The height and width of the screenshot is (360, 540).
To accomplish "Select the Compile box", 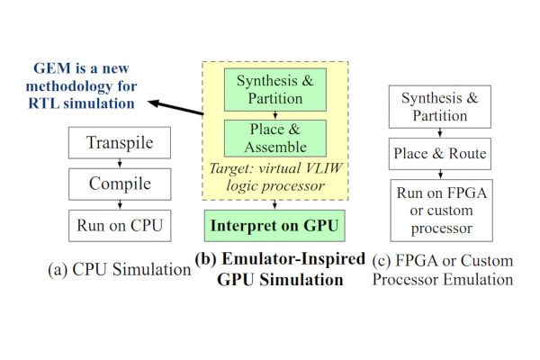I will click(x=121, y=184).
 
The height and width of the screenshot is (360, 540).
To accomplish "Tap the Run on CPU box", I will click(x=121, y=224).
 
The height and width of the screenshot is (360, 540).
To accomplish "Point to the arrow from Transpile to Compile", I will click(x=121, y=163).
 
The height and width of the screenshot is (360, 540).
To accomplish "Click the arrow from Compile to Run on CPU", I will click(x=121, y=203).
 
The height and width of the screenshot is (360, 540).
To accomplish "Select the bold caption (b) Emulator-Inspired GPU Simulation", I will click(x=279, y=269).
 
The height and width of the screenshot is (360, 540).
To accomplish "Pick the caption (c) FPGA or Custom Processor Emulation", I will click(x=443, y=270).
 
